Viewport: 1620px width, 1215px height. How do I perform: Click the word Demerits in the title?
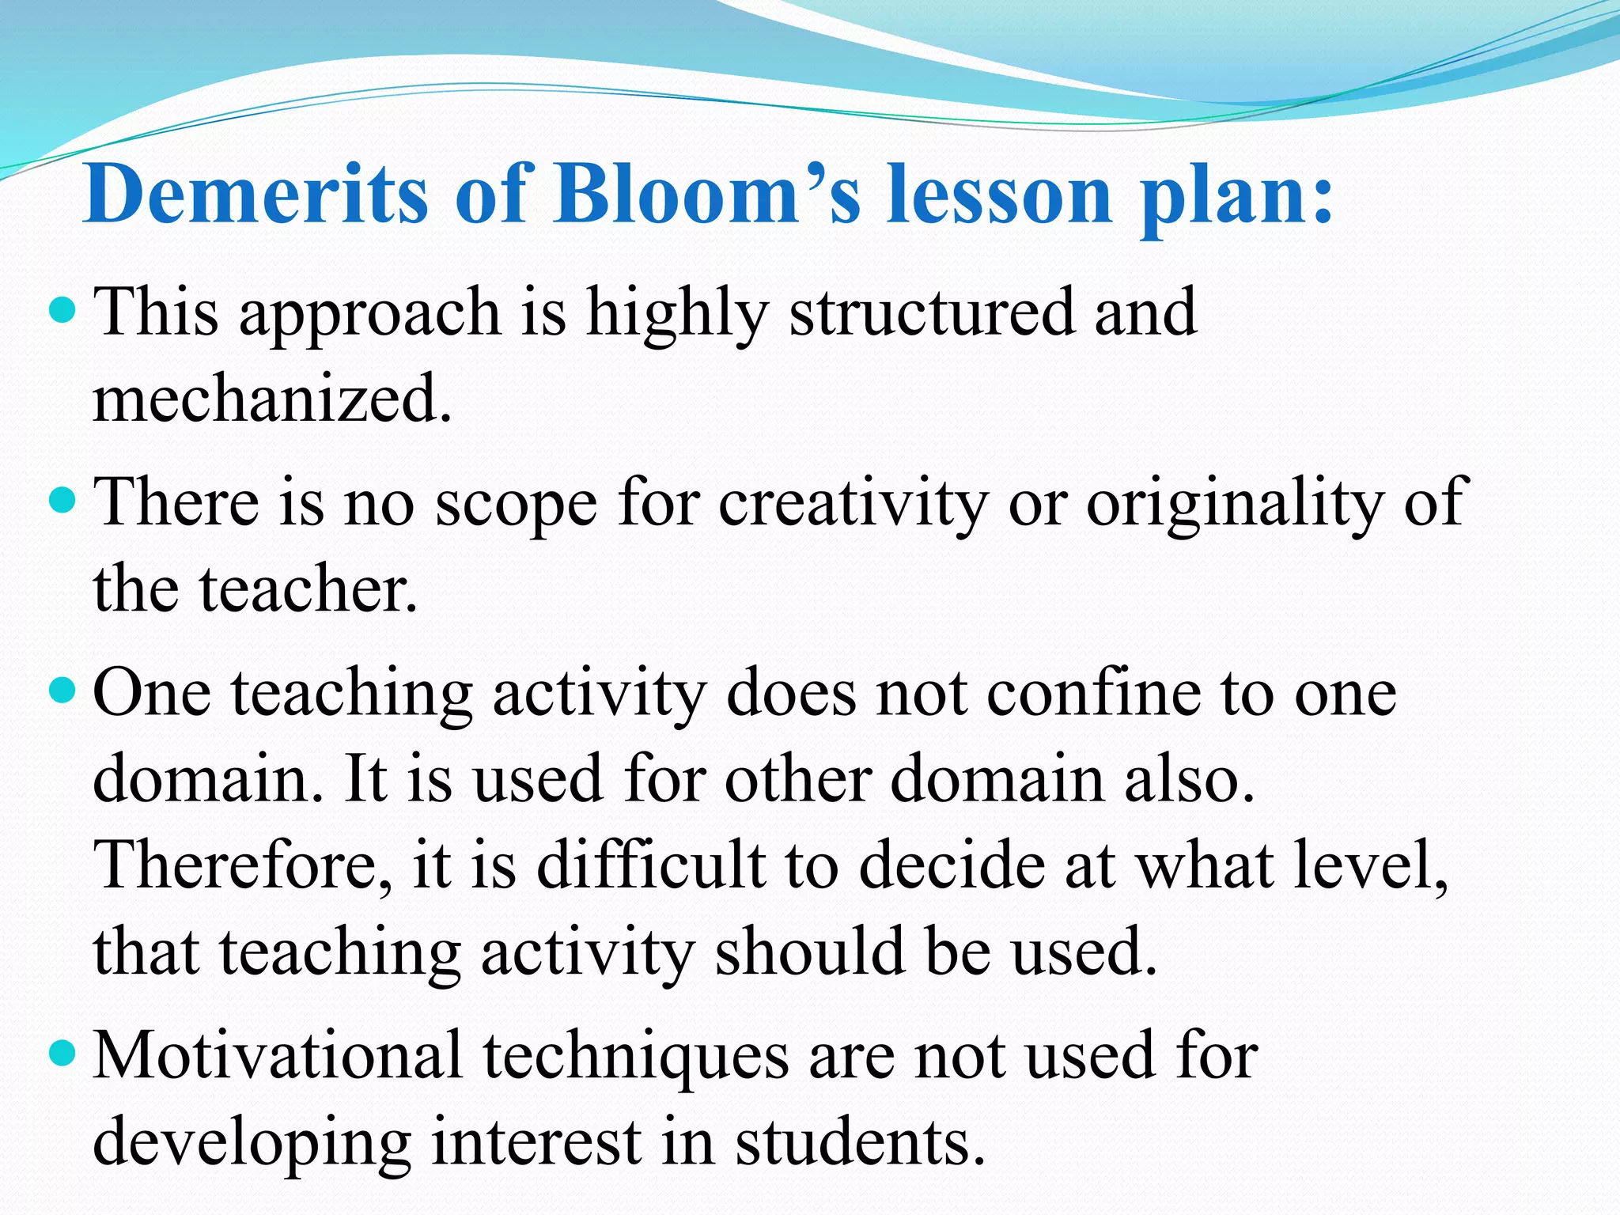point(255,195)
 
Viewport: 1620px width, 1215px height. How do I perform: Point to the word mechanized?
point(271,399)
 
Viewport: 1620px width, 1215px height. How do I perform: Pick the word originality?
point(1234,504)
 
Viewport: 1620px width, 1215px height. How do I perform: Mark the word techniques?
point(636,1058)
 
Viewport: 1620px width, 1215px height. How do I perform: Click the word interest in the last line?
point(536,1144)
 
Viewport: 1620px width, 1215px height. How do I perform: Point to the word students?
point(860,1144)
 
